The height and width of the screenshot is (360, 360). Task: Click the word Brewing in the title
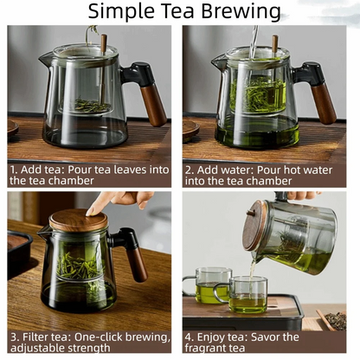pyautogui.click(x=237, y=11)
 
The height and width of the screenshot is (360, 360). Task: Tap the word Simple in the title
pyautogui.click(x=122, y=11)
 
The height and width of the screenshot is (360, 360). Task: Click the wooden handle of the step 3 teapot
pyautogui.click(x=138, y=260)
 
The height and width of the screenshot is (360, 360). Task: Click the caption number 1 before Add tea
pyautogui.click(x=14, y=170)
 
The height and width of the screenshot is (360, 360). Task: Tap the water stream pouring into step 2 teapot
pyautogui.click(x=254, y=39)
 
